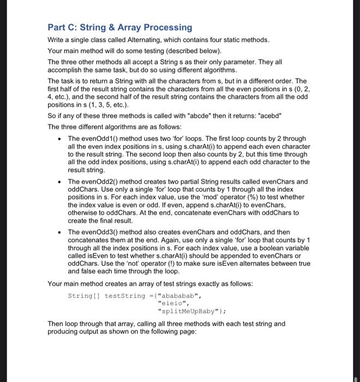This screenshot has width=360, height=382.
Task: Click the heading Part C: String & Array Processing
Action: point(119,27)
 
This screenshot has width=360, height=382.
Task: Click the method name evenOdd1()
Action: point(101,139)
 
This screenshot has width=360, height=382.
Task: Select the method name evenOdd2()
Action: point(101,182)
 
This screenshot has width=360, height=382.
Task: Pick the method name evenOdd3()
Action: point(101,232)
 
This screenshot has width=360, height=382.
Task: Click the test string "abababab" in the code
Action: point(179,295)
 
